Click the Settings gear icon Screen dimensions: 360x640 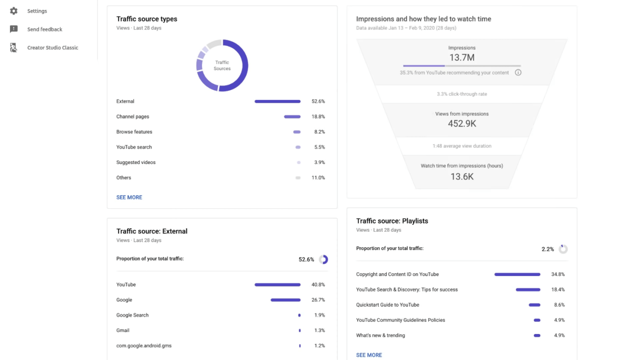click(14, 11)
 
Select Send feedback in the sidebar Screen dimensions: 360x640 click(44, 29)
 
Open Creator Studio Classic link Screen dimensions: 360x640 click(53, 48)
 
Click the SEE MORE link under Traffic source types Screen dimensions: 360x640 click(129, 197)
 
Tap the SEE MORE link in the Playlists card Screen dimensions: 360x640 click(369, 355)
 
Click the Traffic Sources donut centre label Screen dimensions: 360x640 click(222, 65)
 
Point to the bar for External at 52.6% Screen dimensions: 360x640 click(277, 101)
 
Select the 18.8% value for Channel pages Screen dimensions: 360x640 click(318, 116)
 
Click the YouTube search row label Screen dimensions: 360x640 click(134, 147)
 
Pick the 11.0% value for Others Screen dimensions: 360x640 click(318, 178)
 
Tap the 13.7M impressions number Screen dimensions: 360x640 click(462, 58)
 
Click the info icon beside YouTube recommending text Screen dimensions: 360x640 click(518, 73)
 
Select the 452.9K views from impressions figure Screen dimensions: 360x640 click(462, 124)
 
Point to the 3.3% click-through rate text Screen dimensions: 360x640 click(462, 94)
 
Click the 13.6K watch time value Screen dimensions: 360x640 click(462, 176)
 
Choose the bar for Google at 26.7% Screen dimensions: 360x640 click(286, 300)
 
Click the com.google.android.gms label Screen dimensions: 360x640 click(144, 346)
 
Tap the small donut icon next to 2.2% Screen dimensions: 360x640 click(563, 249)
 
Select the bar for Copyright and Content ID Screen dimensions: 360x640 click(517, 275)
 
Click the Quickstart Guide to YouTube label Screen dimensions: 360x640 click(388, 305)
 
